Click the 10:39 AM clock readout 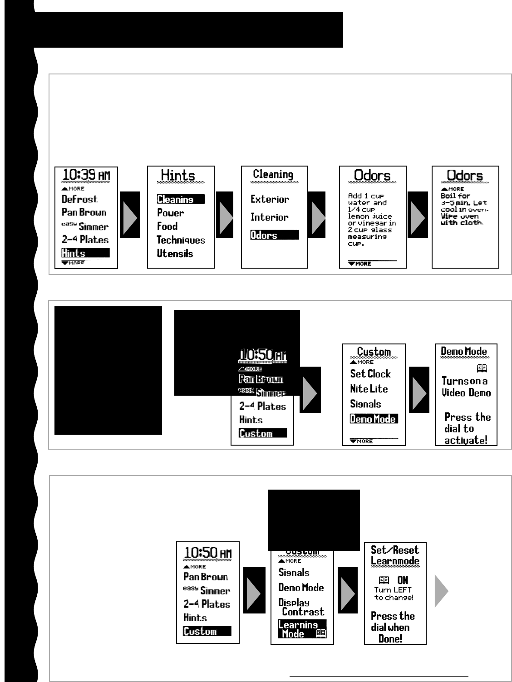[86, 175]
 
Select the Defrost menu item [79, 199]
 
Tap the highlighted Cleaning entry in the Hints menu [181, 199]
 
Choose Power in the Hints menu [171, 213]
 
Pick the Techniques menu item [181, 240]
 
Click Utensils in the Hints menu [175, 254]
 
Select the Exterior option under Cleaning [270, 199]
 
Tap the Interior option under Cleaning [270, 217]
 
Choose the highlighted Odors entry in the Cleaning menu [274, 235]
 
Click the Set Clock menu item [370, 374]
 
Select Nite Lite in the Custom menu [369, 389]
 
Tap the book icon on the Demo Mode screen [482, 368]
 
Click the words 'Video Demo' [467, 393]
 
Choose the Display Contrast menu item [301, 607]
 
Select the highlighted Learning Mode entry [302, 629]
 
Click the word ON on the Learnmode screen [403, 580]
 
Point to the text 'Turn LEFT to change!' [394, 594]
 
